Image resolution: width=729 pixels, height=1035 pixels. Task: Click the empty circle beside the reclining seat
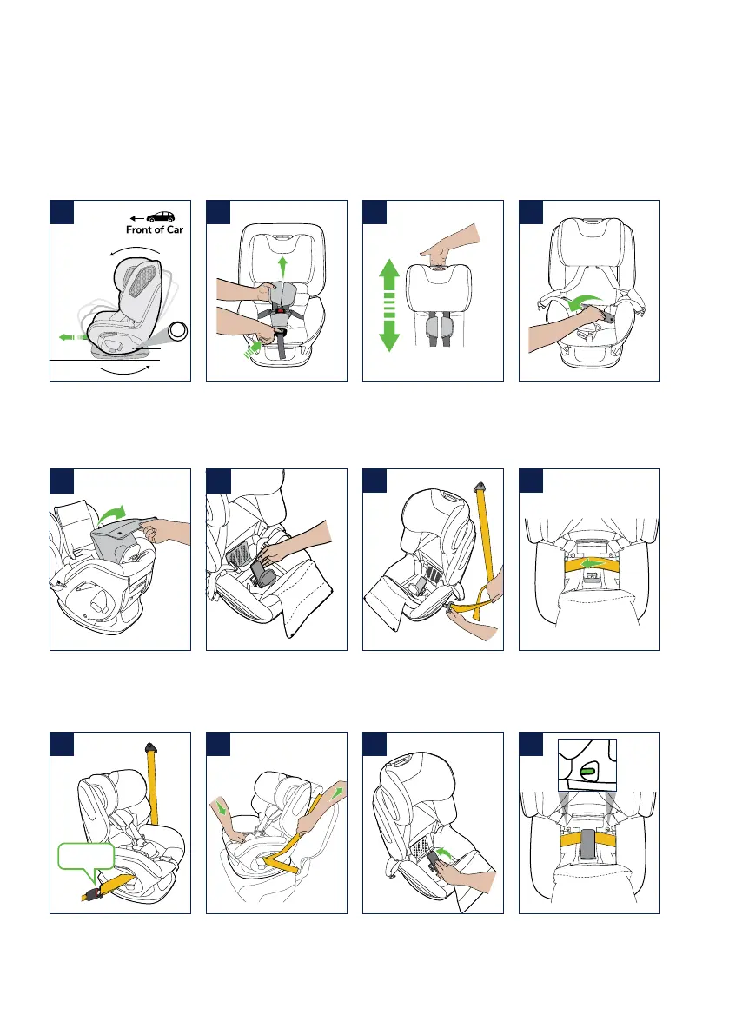tap(178, 332)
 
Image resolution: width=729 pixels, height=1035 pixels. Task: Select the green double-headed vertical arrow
tap(388, 303)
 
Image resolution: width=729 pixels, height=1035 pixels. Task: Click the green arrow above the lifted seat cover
tap(112, 514)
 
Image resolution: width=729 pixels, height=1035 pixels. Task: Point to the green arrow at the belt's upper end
tap(338, 787)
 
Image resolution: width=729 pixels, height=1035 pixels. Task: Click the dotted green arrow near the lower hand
tap(250, 348)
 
